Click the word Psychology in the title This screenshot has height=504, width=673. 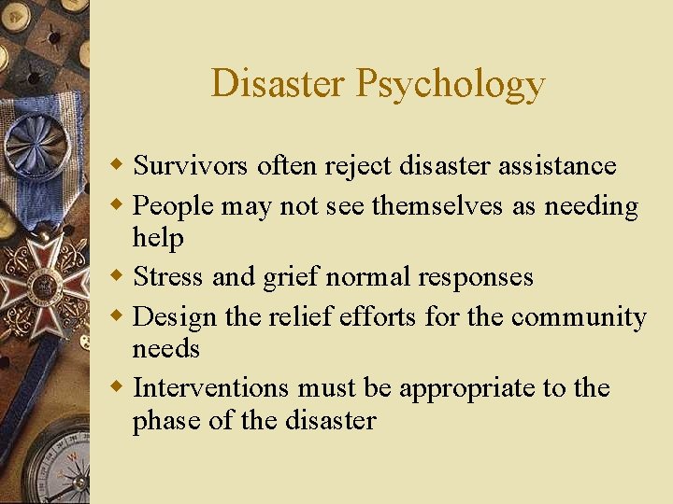450,85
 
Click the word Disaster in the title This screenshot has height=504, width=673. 278,83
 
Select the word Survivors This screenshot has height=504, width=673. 191,166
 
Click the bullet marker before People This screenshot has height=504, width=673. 121,205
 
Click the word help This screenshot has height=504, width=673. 158,238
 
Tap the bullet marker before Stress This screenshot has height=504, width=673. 121,277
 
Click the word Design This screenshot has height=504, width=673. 179,317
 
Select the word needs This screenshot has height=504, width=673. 165,349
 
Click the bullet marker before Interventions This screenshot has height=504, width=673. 121,387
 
